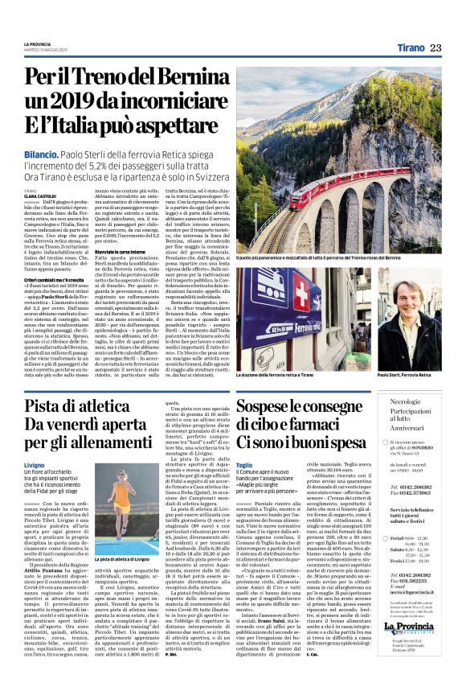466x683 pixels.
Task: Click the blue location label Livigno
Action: (x=35, y=466)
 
